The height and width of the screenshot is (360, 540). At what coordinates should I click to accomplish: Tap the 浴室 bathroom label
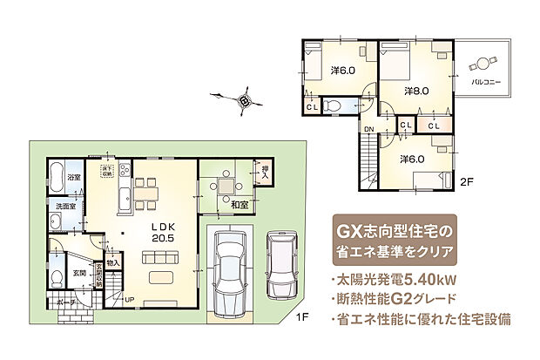click(75, 178)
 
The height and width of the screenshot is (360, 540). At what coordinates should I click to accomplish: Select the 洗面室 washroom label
click(66, 207)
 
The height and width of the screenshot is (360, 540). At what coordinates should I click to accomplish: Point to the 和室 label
click(240, 205)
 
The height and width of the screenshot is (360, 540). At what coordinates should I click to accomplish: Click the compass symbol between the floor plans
click(246, 100)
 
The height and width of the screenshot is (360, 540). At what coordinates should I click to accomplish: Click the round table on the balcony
click(482, 64)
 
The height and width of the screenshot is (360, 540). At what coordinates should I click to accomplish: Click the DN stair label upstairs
click(369, 130)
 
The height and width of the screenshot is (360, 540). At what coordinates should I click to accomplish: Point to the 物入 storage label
click(114, 262)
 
